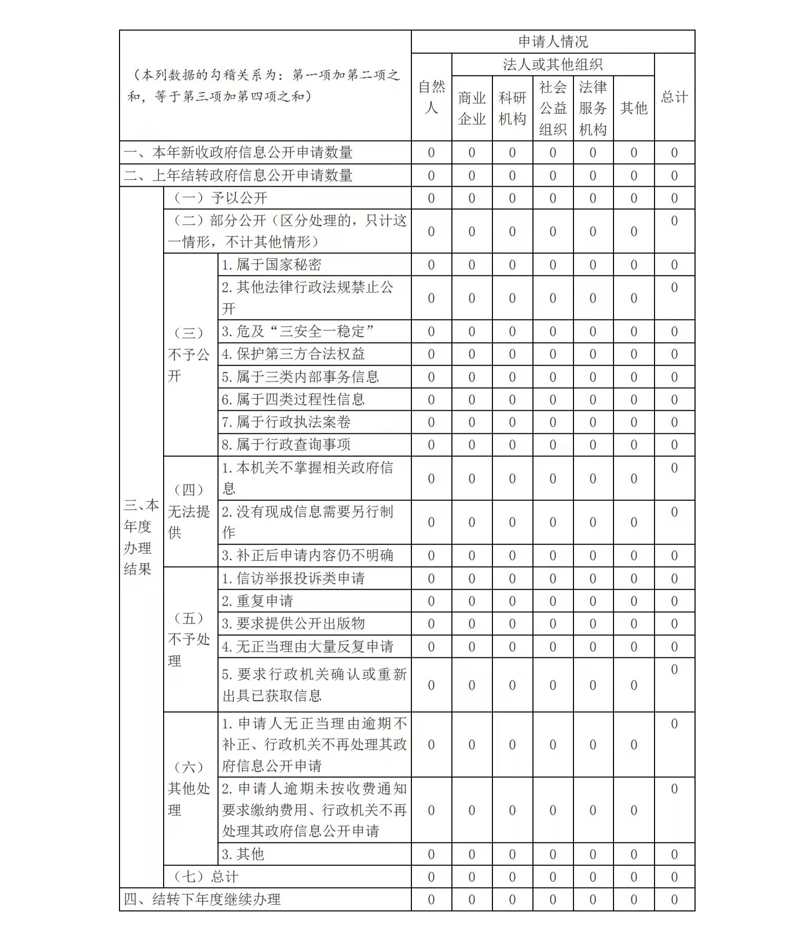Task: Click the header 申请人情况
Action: pos(552,42)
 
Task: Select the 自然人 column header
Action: pos(431,97)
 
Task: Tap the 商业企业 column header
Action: pos(471,108)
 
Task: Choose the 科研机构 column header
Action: pos(512,108)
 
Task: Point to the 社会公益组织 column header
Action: pos(552,108)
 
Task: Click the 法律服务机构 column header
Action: pos(592,108)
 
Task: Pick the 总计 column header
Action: pos(674,97)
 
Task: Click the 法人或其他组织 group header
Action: pos(552,65)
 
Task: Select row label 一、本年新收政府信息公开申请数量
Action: pos(238,153)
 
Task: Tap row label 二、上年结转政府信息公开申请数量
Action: pos(238,175)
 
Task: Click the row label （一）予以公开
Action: pos(221,198)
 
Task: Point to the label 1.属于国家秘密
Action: pos(271,265)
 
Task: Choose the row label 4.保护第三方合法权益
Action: pos(293,354)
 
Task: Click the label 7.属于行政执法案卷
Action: pos(286,422)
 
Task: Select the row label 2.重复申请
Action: pos(257,601)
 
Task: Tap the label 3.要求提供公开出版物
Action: pos(293,623)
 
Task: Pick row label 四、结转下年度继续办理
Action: pos(202,899)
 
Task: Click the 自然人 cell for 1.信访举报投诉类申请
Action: pos(431,578)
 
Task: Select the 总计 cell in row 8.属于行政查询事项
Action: pos(674,444)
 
